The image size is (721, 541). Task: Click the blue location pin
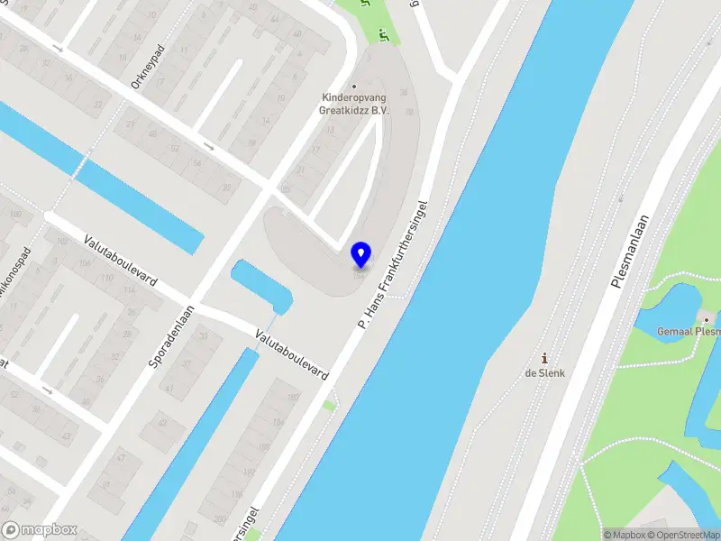360,255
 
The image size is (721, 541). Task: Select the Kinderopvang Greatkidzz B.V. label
353,104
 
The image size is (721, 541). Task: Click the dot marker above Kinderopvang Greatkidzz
353,87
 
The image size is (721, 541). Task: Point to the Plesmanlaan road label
630,251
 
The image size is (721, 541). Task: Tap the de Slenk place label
544,372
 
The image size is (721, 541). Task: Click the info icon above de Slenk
544,357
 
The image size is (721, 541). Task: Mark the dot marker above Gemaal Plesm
707,318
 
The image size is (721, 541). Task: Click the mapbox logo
40,529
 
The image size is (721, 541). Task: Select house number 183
293,398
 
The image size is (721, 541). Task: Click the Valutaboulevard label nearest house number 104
120,261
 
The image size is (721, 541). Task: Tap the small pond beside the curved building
261,284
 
